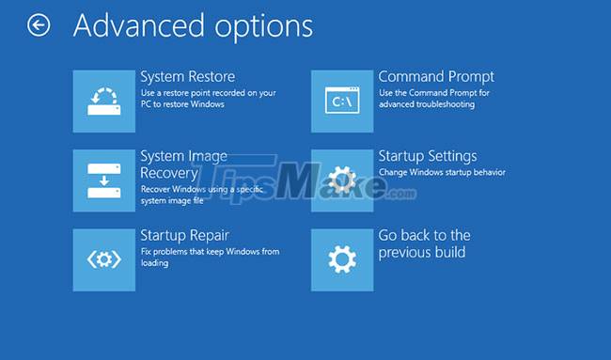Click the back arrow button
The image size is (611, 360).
pyautogui.click(x=39, y=26)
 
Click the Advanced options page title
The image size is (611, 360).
pyautogui.click(x=193, y=26)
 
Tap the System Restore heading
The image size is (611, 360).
pyautogui.click(x=187, y=76)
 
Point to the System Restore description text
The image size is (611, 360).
pyautogui.click(x=206, y=99)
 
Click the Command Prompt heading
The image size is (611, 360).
pyautogui.click(x=436, y=76)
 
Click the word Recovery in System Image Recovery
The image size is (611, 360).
pyautogui.click(x=169, y=173)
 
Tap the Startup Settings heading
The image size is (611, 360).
pyautogui.click(x=427, y=156)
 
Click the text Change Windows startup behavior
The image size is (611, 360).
pyautogui.click(x=442, y=172)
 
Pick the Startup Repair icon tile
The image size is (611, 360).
pyautogui.click(x=103, y=259)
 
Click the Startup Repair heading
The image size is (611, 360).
pyautogui.click(x=184, y=235)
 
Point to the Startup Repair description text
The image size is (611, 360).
pyautogui.click(x=210, y=258)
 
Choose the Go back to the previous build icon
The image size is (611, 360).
pyautogui.click(x=342, y=259)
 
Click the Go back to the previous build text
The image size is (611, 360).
pyautogui.click(x=424, y=243)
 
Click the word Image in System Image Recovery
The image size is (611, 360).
pyautogui.click(x=208, y=156)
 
